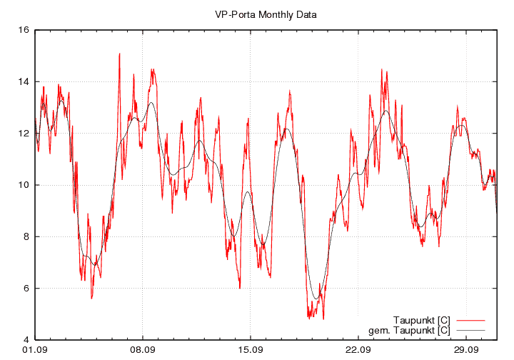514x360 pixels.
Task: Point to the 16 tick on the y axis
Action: click(23, 30)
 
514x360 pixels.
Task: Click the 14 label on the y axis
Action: click(23, 81)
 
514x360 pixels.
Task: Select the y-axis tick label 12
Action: click(23, 134)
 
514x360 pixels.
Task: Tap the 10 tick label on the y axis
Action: click(23, 185)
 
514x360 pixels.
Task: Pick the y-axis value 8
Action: click(26, 236)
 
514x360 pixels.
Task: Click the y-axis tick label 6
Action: click(26, 288)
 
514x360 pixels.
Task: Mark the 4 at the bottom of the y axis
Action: click(26, 340)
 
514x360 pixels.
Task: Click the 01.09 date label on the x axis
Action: click(34, 350)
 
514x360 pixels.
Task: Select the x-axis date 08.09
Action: click(142, 350)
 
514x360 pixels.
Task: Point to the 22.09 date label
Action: click(358, 350)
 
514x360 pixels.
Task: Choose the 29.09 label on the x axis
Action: click(465, 350)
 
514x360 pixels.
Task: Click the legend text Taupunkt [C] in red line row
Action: click(421, 319)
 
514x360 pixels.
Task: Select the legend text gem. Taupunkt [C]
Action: click(409, 330)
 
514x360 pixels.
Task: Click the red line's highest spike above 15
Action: click(120, 54)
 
